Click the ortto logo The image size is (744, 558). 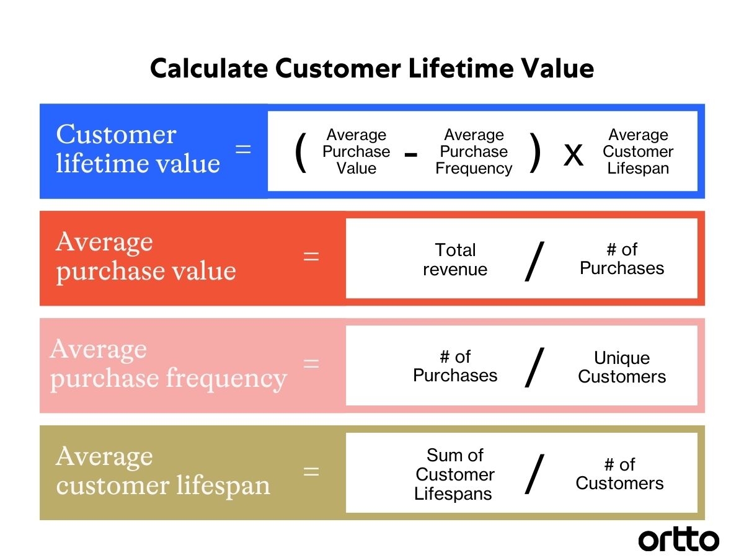tap(678, 539)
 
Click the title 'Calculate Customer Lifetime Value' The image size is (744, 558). tap(372, 68)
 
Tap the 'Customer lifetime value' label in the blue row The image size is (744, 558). tap(138, 149)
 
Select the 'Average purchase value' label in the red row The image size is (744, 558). tap(146, 257)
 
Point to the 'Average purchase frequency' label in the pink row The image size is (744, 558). tap(168, 364)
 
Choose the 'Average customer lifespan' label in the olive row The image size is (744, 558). tap(163, 471)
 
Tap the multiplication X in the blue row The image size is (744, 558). tap(573, 154)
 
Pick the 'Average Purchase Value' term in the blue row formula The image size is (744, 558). tap(356, 152)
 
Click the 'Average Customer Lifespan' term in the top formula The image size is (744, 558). tap(638, 152)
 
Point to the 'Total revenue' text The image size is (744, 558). tap(455, 259)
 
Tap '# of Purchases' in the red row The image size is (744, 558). tap(622, 259)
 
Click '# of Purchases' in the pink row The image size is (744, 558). tap(455, 366)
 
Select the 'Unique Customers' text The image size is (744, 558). tap(622, 367)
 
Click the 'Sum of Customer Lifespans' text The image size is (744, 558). tap(454, 474)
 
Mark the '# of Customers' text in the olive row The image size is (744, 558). tap(619, 474)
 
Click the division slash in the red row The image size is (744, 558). tap(534, 261)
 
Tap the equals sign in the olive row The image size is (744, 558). tap(311, 471)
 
